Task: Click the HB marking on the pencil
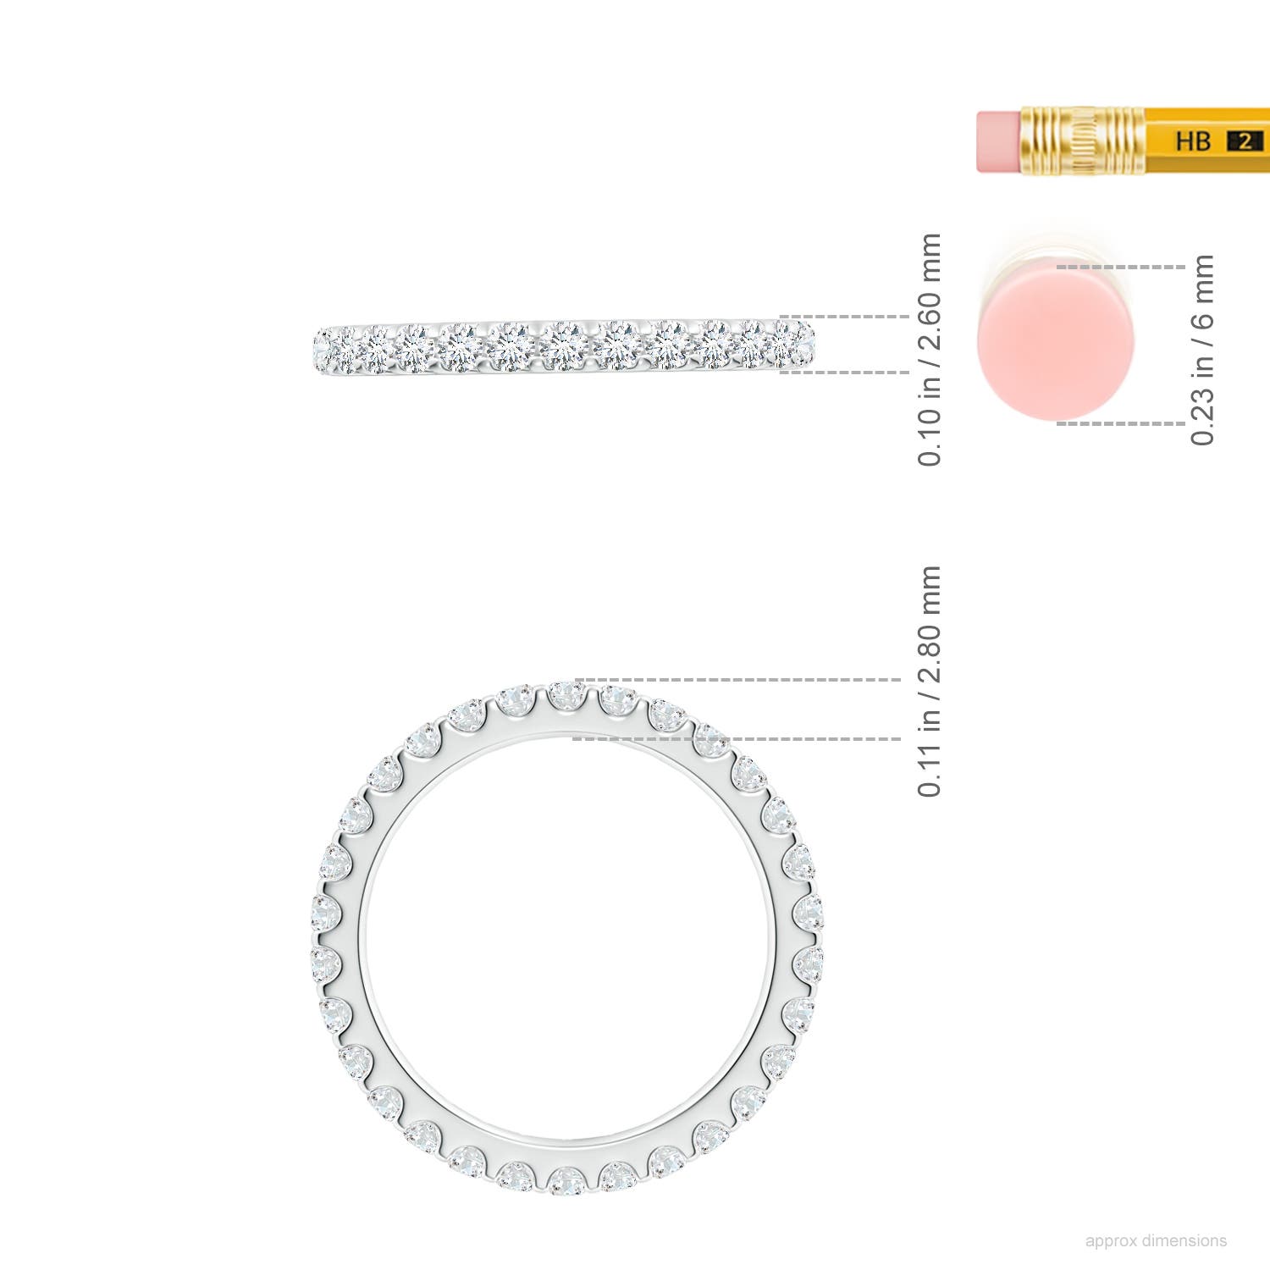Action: click(x=1192, y=141)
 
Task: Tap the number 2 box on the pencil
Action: click(x=1244, y=141)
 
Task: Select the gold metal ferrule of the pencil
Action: click(x=1082, y=141)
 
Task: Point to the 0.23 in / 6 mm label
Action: click(x=1202, y=349)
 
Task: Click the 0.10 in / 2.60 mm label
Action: click(x=929, y=349)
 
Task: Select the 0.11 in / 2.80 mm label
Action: click(x=929, y=682)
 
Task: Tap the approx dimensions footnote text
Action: click(x=1155, y=1240)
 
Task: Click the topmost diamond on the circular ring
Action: click(x=566, y=697)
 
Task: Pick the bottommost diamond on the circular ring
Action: click(x=566, y=1179)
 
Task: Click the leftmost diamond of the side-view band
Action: click(x=324, y=347)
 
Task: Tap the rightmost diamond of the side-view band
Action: click(x=800, y=342)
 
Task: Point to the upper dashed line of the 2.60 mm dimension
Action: click(x=843, y=317)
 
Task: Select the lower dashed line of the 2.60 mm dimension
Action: click(x=843, y=372)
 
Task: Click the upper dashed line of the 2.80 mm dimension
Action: click(x=737, y=679)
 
